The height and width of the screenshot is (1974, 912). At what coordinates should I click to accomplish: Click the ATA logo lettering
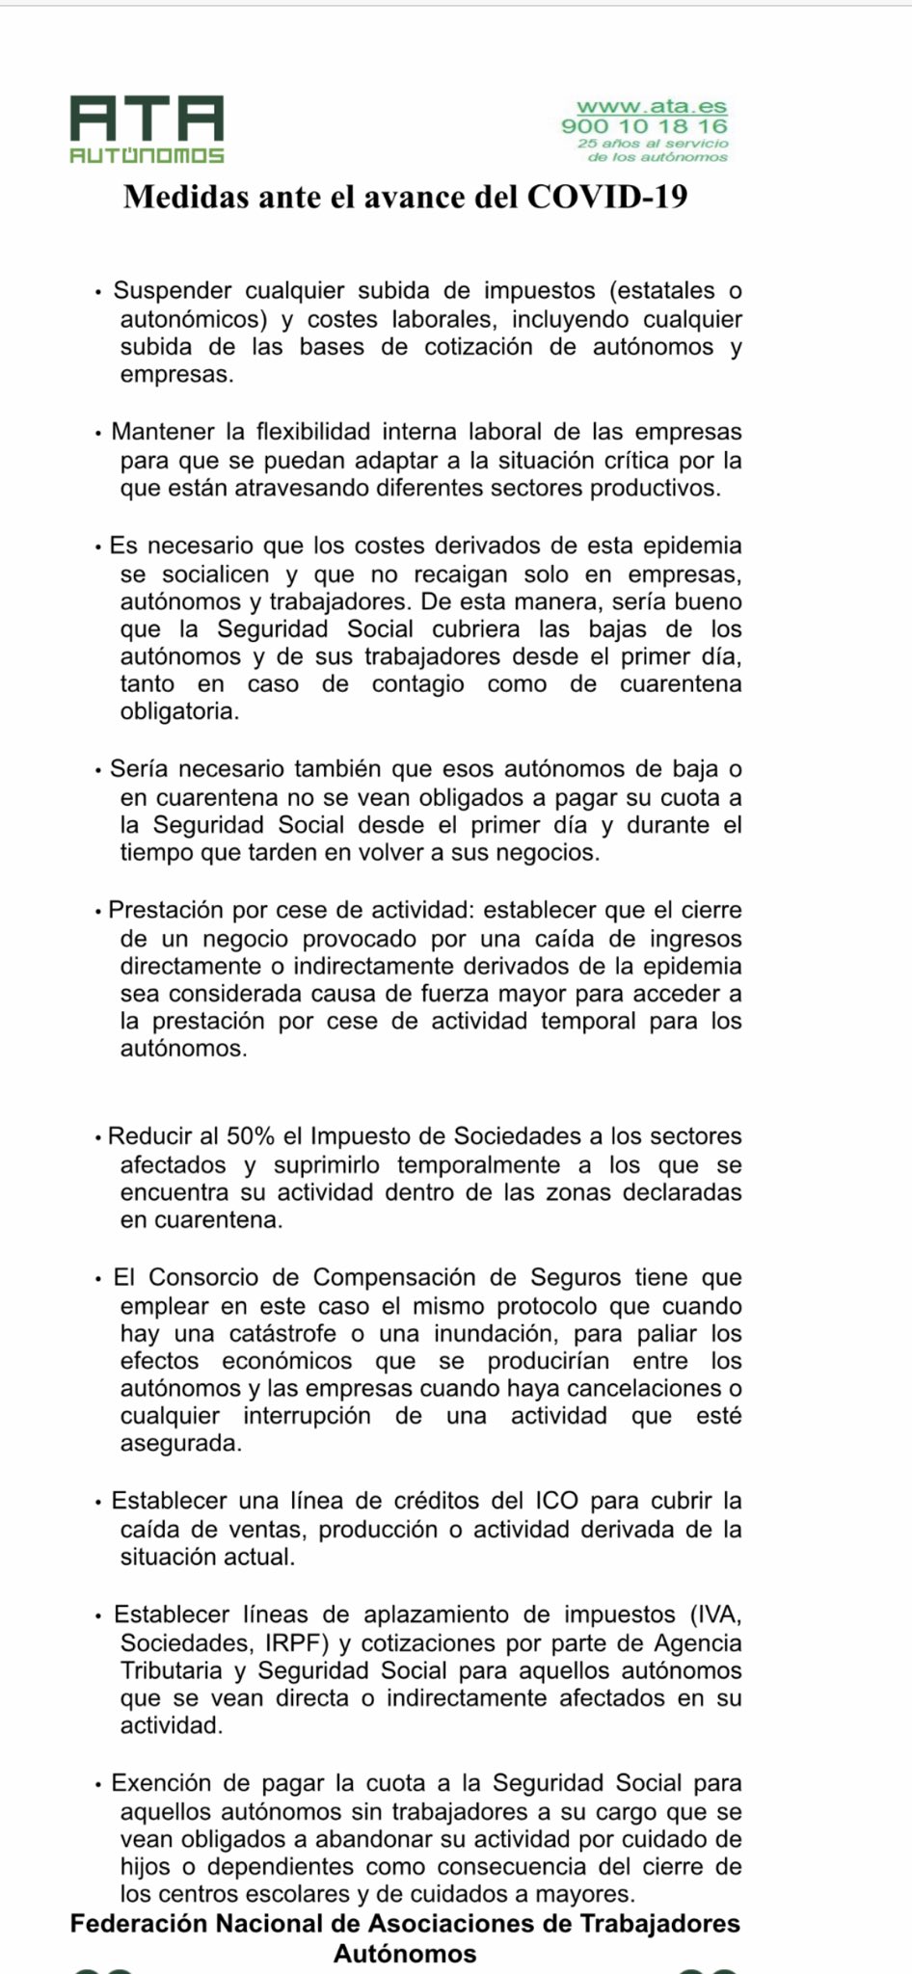point(147,119)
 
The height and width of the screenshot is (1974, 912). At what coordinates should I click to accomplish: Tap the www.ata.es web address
point(652,107)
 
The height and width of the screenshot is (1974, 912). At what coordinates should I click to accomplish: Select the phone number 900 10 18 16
point(644,125)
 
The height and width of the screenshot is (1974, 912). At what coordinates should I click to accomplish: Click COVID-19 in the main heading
point(606,197)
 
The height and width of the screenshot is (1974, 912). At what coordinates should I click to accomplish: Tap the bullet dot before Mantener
point(98,434)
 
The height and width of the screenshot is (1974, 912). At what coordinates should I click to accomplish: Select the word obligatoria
point(178,712)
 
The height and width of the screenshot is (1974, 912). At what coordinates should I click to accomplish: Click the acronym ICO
point(556,1501)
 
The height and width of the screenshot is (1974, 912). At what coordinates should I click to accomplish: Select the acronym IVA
point(716,1614)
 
